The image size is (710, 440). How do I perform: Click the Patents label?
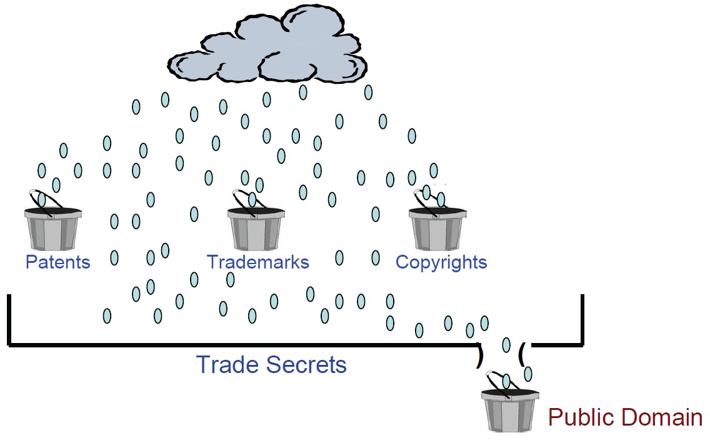click(x=57, y=262)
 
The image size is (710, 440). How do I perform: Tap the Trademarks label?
click(x=257, y=262)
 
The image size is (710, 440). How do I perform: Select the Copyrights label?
click(x=441, y=262)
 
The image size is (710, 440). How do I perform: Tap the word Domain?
click(x=662, y=417)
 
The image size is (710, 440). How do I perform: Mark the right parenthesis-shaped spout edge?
click(x=521, y=354)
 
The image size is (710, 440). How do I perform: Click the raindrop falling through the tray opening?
click(x=506, y=345)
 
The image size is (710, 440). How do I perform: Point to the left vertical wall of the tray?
click(x=9, y=319)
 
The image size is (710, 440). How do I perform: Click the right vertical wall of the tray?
click(x=582, y=319)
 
